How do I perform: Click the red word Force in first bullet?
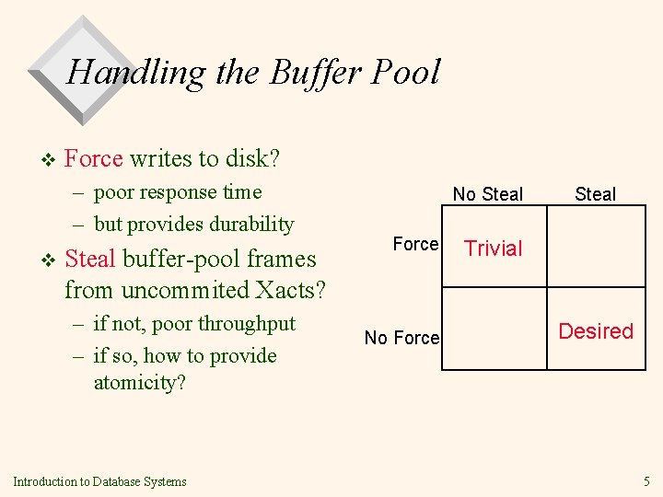click(94, 158)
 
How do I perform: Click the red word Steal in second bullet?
click(90, 259)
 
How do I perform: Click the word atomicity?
click(140, 382)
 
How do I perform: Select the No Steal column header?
click(487, 194)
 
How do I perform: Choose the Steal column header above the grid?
click(595, 194)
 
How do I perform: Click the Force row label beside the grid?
click(415, 244)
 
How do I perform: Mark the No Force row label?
click(402, 338)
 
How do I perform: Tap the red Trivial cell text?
click(493, 248)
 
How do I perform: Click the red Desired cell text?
click(596, 331)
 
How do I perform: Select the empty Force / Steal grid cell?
click(596, 246)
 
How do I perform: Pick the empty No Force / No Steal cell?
click(494, 329)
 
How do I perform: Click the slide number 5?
click(646, 480)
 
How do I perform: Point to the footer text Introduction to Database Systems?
click(99, 481)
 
